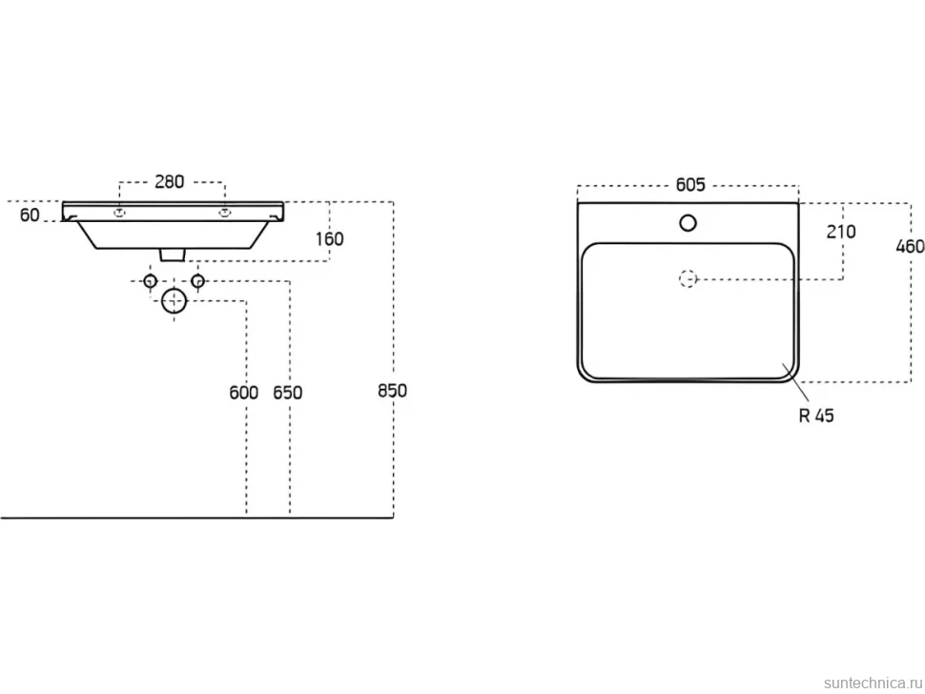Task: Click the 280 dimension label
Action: point(170,182)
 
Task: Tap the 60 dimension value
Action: point(30,215)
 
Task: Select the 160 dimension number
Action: point(329,239)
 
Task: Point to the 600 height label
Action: point(243,392)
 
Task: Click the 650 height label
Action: point(287,392)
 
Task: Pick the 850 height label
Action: point(392,390)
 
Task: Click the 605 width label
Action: point(690,185)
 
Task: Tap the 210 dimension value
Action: point(841,232)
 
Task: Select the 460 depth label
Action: point(911,246)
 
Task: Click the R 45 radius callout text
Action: point(816,416)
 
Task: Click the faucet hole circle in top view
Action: point(688,223)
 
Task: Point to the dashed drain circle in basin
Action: point(688,278)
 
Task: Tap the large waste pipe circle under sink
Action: point(174,301)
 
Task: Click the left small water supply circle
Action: point(151,280)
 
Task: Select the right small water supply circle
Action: point(197,280)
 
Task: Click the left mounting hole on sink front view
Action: point(120,213)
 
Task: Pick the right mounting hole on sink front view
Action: point(224,213)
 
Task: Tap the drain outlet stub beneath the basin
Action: point(174,255)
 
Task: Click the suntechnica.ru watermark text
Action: point(873,683)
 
